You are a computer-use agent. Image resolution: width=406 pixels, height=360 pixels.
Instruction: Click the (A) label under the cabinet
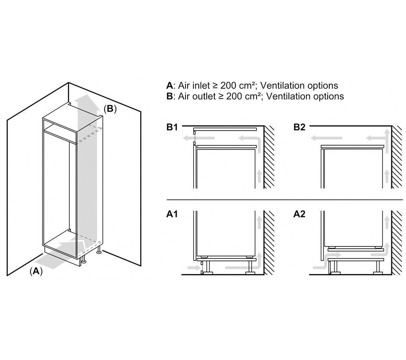click(x=36, y=271)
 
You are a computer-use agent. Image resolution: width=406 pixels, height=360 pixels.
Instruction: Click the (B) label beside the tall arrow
click(x=110, y=109)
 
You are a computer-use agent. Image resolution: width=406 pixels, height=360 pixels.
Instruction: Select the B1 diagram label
click(x=172, y=127)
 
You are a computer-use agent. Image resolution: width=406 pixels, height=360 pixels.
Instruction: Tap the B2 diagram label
click(x=299, y=127)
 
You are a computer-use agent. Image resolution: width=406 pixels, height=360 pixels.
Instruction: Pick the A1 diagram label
click(x=172, y=214)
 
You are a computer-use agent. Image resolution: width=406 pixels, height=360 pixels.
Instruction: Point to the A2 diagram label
click(x=299, y=214)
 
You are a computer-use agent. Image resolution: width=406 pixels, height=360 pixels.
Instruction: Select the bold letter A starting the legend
click(x=169, y=85)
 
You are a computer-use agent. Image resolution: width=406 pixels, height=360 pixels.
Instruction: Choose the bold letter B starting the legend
click(x=169, y=96)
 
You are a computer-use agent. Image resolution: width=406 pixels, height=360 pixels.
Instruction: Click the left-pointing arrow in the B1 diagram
click(x=199, y=138)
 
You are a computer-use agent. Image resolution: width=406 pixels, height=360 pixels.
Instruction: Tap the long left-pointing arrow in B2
click(x=326, y=138)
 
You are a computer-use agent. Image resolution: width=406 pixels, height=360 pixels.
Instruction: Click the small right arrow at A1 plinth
click(x=192, y=267)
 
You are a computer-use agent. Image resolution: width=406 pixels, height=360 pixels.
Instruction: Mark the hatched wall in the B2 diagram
click(x=398, y=157)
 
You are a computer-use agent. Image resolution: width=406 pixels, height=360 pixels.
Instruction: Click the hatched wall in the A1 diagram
click(x=269, y=242)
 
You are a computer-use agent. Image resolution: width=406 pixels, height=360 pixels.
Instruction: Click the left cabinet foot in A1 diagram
click(x=207, y=267)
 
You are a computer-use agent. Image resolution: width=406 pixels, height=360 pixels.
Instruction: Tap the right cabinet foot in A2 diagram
click(x=378, y=267)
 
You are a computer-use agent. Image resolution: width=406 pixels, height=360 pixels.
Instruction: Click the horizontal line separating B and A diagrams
click(x=285, y=200)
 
